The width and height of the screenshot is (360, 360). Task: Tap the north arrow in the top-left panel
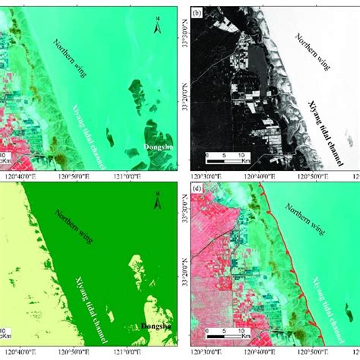pyautogui.click(x=156, y=29)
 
